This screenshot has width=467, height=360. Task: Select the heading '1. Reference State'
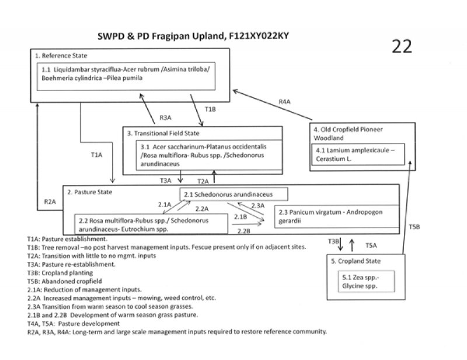pyautogui.click(x=61, y=56)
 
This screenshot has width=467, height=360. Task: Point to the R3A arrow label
pyautogui.click(x=165, y=117)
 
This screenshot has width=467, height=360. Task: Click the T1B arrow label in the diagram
pyautogui.click(x=211, y=109)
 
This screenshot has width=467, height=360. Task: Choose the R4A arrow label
pyautogui.click(x=284, y=102)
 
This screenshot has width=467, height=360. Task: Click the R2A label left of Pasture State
pyautogui.click(x=51, y=202)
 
